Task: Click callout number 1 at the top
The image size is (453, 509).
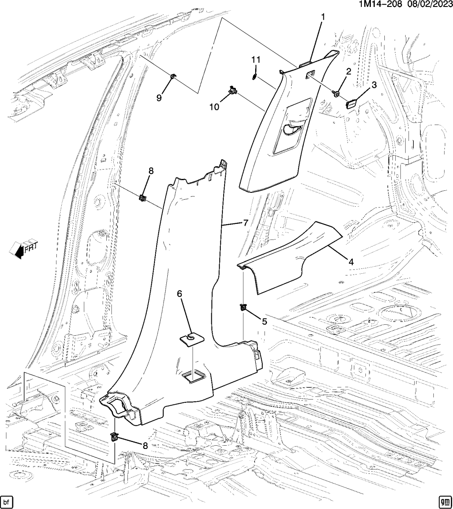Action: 323,17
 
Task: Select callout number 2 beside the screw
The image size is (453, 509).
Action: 349,72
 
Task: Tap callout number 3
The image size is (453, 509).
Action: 373,85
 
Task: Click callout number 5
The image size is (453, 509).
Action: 264,322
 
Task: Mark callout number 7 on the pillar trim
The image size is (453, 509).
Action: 245,223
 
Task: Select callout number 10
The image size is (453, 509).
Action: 214,107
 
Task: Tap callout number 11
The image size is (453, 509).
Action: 256,60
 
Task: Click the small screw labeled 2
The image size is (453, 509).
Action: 336,94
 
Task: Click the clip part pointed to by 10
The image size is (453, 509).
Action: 233,90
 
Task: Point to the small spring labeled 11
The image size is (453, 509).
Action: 255,76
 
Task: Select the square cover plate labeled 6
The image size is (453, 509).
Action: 192,339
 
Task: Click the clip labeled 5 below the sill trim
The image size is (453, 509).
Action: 243,307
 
